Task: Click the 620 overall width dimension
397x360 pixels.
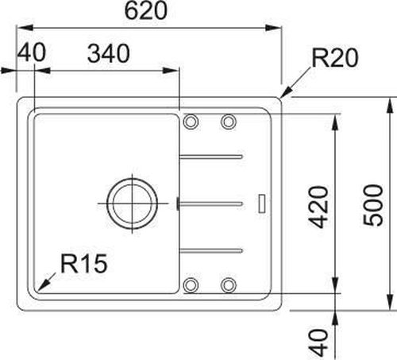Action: [x=146, y=11]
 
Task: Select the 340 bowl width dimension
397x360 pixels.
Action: [x=109, y=54]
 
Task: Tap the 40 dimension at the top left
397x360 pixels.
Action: [x=32, y=52]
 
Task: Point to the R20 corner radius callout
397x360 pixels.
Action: [x=335, y=57]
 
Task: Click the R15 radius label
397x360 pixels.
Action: [x=84, y=264]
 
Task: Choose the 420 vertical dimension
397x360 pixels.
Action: [x=319, y=207]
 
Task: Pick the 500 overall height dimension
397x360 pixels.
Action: [x=373, y=205]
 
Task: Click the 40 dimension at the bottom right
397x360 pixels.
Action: [x=319, y=343]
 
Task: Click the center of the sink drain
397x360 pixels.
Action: [x=133, y=203]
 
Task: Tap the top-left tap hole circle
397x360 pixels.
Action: [x=191, y=122]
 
